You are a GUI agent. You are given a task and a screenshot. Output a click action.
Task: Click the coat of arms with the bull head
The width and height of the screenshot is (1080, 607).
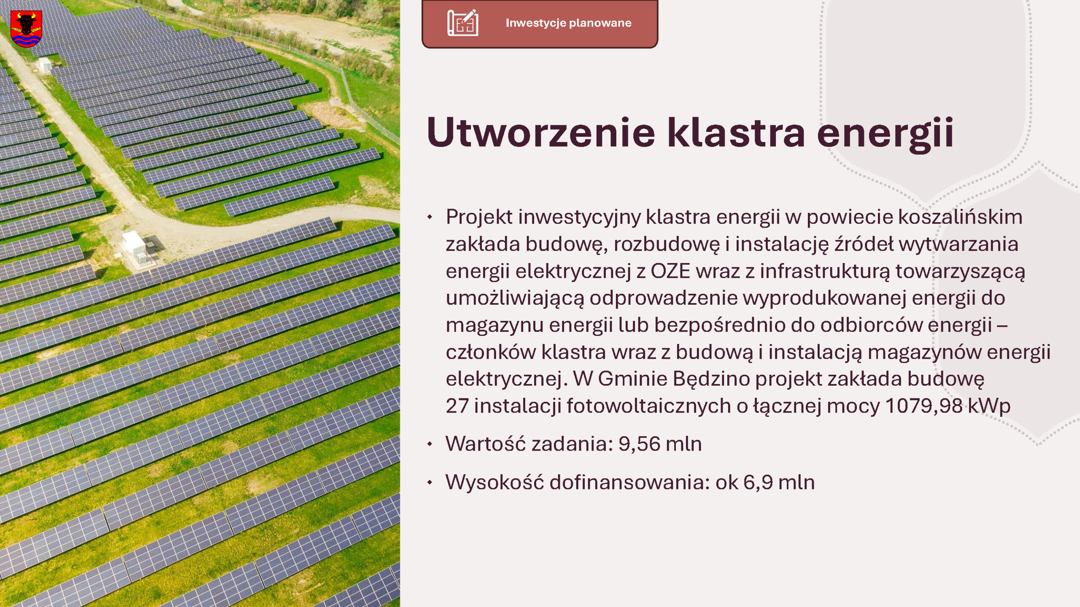tap(26, 29)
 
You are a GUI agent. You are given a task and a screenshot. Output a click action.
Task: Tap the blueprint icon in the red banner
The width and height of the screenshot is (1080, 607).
tap(463, 23)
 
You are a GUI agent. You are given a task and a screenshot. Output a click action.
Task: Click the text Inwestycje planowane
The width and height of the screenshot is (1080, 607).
tap(568, 23)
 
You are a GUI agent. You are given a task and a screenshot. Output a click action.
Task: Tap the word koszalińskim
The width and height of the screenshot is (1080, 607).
tap(960, 217)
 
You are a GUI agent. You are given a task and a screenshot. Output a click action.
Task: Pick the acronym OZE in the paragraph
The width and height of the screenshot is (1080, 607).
tap(670, 271)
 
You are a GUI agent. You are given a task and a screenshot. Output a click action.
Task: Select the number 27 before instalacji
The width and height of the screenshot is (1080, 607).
tap(457, 406)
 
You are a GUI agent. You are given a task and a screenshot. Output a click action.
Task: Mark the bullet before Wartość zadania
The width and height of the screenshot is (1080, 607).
tap(429, 444)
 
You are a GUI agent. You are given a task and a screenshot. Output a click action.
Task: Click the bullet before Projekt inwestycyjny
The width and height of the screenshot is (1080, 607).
tap(429, 217)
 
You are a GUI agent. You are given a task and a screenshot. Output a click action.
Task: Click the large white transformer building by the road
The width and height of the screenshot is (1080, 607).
tap(134, 245)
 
